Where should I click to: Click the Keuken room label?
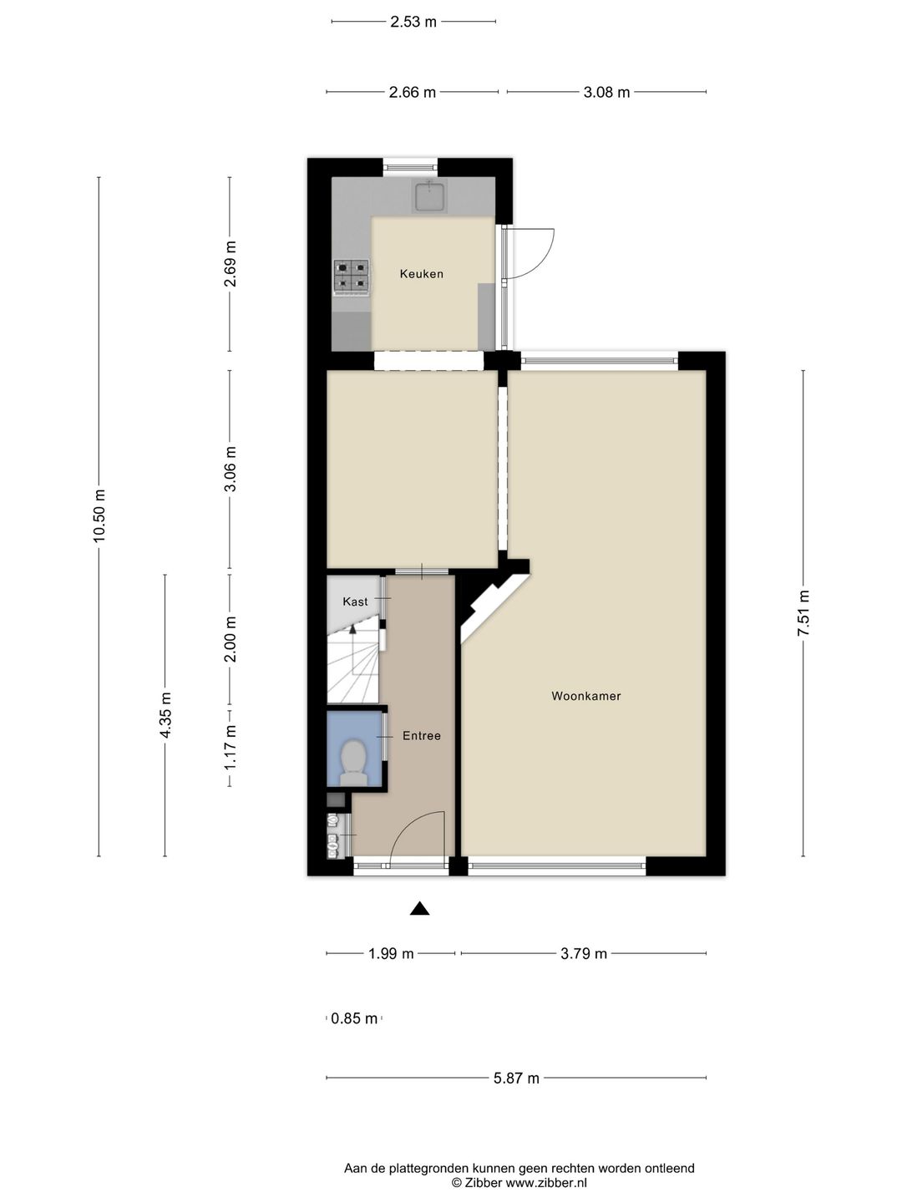[x=421, y=274]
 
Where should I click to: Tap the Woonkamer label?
[x=585, y=696]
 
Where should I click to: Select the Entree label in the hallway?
[x=421, y=736]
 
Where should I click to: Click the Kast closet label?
[x=355, y=601]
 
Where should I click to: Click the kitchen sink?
[x=430, y=196]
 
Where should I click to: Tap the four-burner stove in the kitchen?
[x=351, y=277]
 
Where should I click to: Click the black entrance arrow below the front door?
[x=419, y=909]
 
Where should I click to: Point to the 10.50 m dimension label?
[x=99, y=515]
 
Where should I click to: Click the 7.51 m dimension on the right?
[x=803, y=613]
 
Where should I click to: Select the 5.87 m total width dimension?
[x=516, y=1078]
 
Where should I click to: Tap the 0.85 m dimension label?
[x=354, y=1018]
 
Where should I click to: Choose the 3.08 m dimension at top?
[x=606, y=92]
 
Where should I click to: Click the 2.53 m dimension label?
[x=413, y=22]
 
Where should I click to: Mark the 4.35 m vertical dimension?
[x=165, y=715]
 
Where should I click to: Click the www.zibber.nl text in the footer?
[x=546, y=1183]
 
